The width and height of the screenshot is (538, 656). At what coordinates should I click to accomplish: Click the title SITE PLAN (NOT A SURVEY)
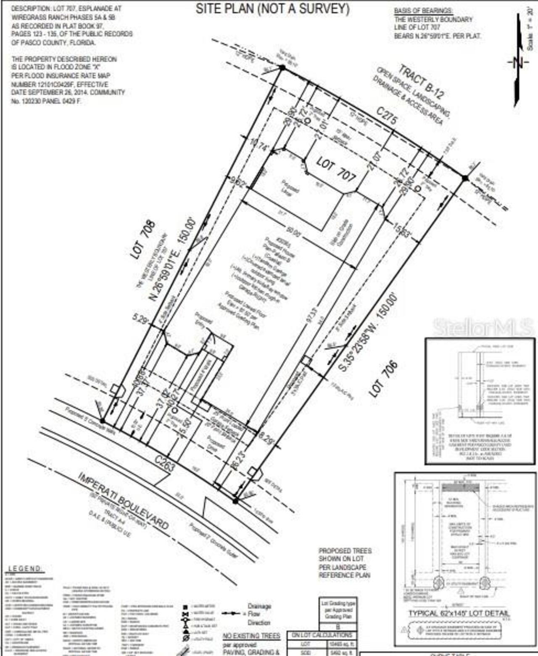[x=272, y=8]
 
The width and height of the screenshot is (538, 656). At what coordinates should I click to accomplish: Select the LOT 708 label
[x=142, y=239]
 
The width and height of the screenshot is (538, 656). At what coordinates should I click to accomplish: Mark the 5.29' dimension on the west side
[x=141, y=319]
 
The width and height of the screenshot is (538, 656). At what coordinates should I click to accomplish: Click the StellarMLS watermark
[x=483, y=327]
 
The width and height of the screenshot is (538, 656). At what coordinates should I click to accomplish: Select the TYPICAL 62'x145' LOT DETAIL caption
[x=459, y=614]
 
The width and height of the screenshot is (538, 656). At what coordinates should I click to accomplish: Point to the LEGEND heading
[x=25, y=569]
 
